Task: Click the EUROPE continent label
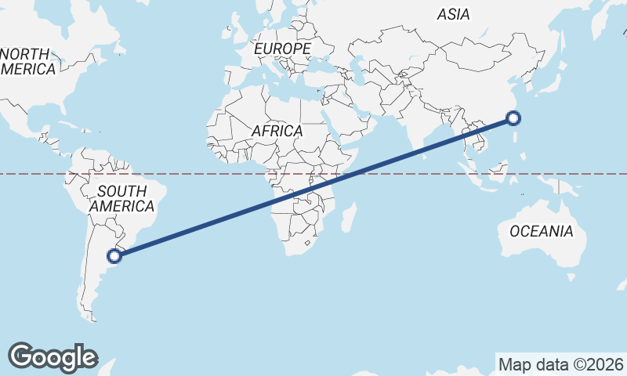pyautogui.click(x=282, y=49)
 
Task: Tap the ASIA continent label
pyautogui.click(x=453, y=14)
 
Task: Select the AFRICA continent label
pyautogui.click(x=277, y=131)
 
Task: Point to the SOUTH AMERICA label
pyautogui.click(x=121, y=198)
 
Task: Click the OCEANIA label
pyautogui.click(x=541, y=231)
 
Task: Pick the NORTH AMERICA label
pyautogui.click(x=28, y=61)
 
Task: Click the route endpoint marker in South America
pyautogui.click(x=114, y=255)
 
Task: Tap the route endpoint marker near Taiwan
pyautogui.click(x=513, y=118)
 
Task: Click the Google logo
pyautogui.click(x=53, y=356)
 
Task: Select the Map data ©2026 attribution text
pyautogui.click(x=561, y=364)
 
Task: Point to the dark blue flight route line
pyautogui.click(x=313, y=186)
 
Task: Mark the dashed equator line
pyautogui.click(x=196, y=174)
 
